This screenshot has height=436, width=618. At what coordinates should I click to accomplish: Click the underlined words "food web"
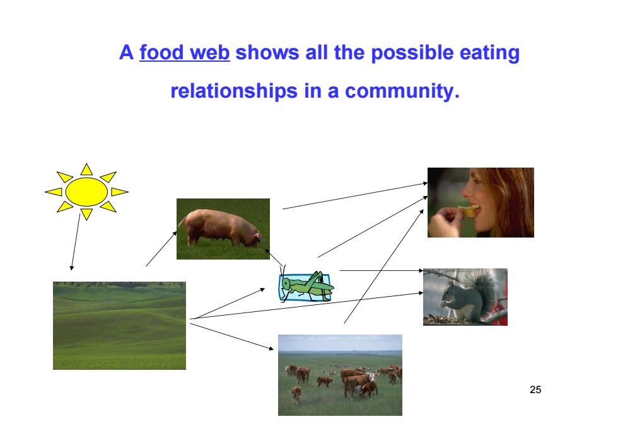184,53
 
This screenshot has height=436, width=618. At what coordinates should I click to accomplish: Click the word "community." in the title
402,91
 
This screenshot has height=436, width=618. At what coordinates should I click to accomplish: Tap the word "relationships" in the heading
234,91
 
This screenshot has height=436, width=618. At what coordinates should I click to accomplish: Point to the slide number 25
535,389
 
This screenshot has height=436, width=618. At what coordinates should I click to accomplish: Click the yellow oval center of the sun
86,192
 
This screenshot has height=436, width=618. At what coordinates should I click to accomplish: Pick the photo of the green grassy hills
119,325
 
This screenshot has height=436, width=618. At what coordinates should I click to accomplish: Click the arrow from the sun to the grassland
75,242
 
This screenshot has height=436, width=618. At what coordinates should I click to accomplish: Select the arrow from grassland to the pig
161,249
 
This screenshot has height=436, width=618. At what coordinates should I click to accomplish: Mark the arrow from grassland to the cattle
232,336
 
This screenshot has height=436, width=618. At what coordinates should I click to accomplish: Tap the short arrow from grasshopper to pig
274,257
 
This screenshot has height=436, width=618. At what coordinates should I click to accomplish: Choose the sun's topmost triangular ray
86,169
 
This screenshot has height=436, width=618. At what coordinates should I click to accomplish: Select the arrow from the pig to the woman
355,196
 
